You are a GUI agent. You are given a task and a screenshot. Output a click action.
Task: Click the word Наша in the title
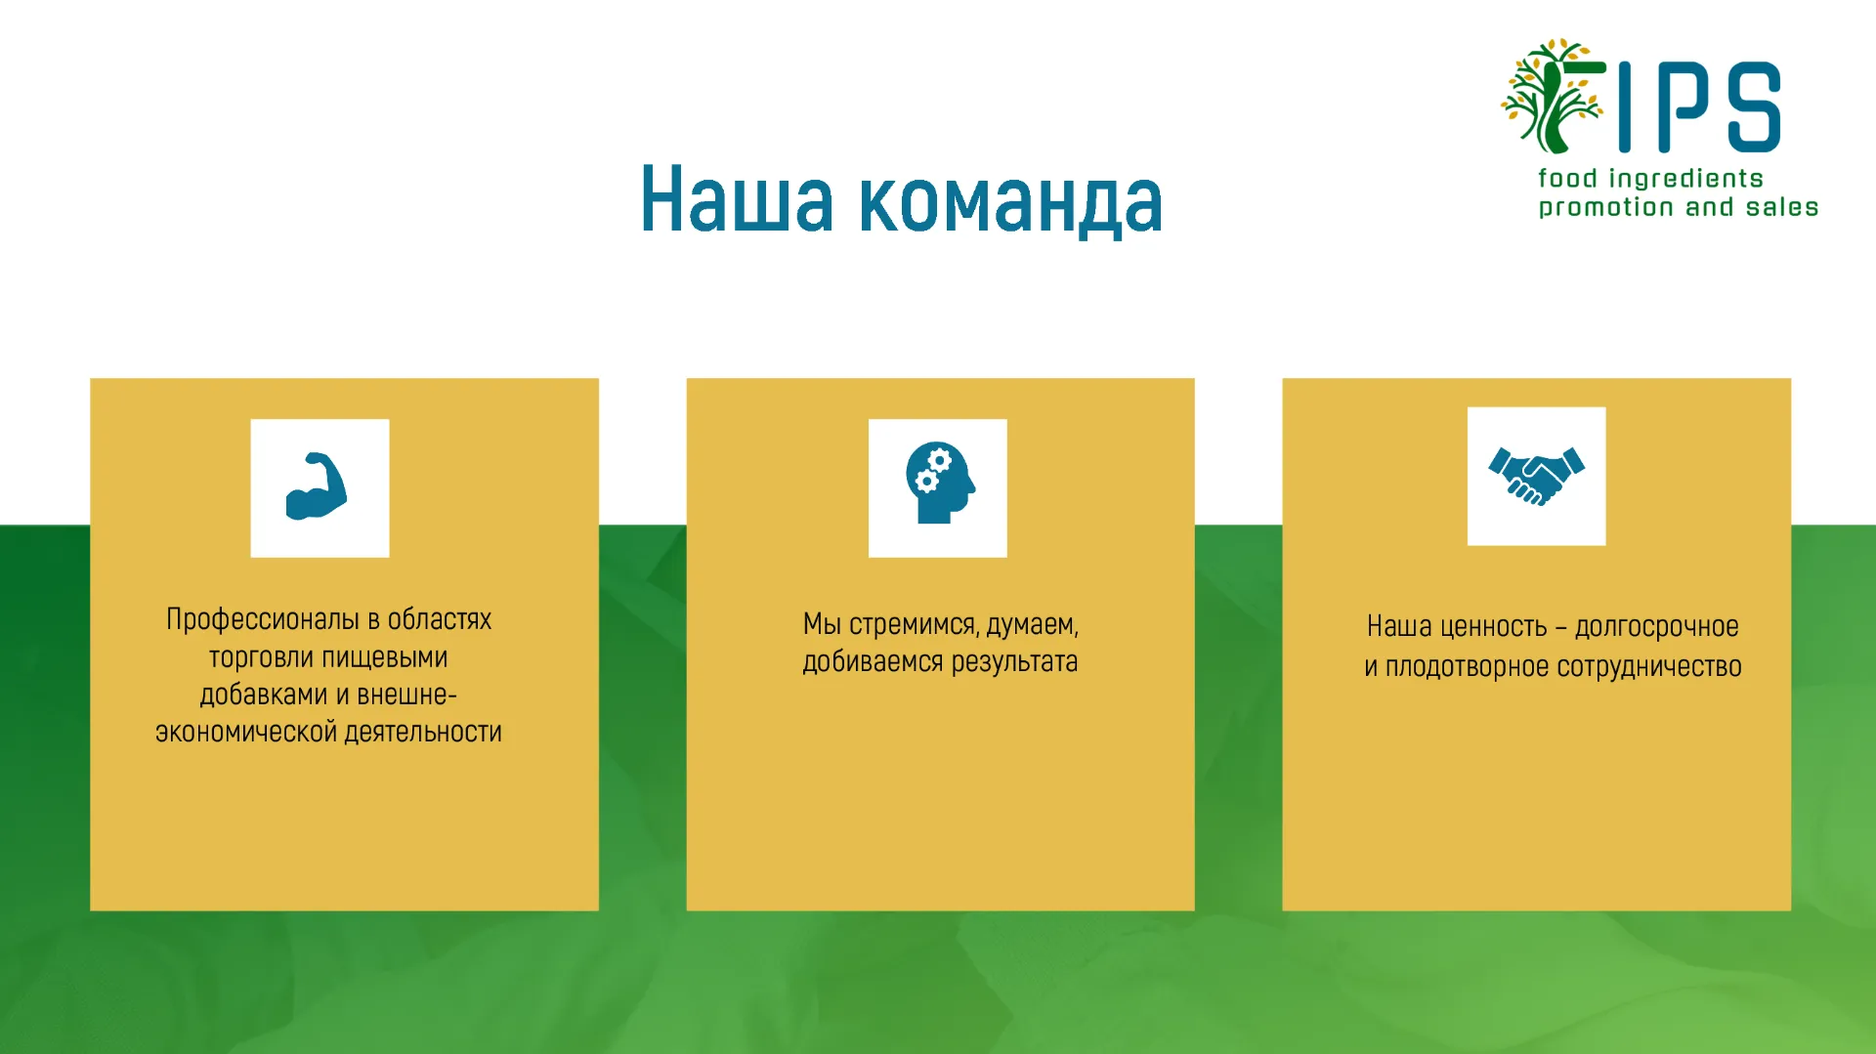point(737,200)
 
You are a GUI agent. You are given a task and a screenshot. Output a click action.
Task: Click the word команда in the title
point(1011,202)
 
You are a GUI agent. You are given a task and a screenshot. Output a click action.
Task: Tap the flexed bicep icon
point(317,486)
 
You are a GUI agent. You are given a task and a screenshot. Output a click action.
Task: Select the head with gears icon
point(940,483)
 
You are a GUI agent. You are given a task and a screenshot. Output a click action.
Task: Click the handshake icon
point(1537,476)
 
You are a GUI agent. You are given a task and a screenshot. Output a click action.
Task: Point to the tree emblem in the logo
point(1552,96)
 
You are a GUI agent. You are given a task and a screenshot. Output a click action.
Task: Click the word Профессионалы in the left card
point(263,620)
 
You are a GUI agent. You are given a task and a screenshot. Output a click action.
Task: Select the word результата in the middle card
point(1015,662)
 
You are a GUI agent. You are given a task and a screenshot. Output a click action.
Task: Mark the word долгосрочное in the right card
point(1657,627)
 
